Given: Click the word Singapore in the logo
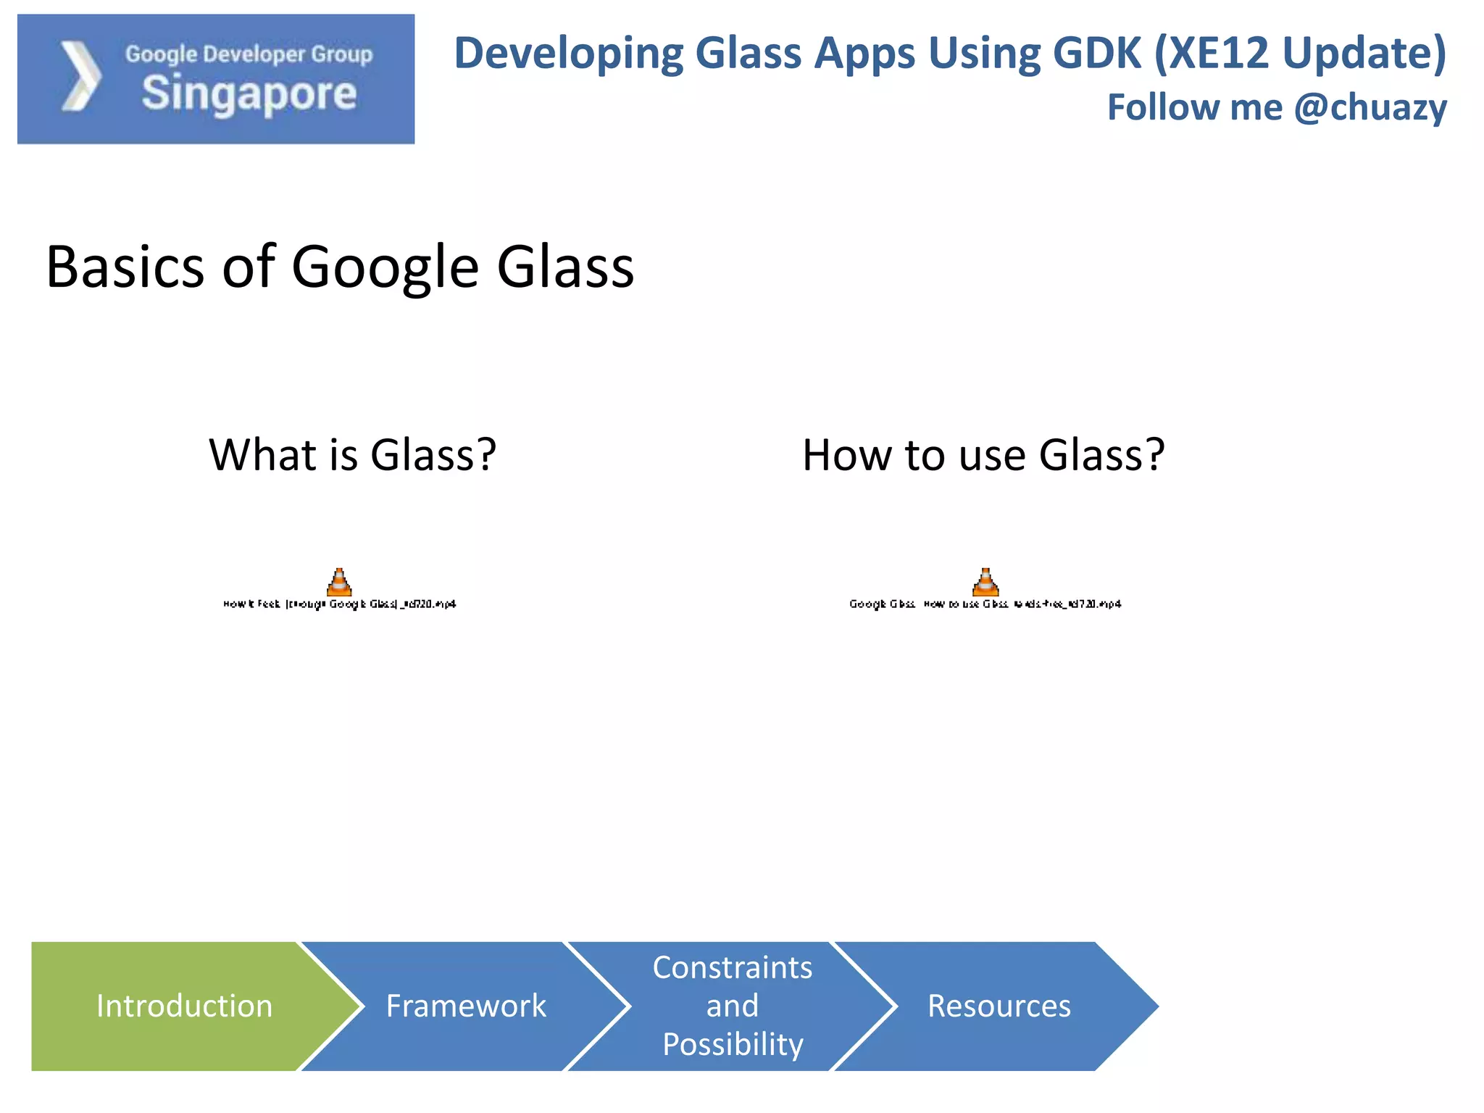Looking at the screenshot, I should click(249, 94).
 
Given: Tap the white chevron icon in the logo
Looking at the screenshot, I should click(80, 77).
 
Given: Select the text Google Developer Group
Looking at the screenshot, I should click(249, 54).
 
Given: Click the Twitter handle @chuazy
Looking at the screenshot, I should click(1370, 107).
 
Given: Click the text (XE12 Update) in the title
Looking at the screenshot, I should click(1300, 54).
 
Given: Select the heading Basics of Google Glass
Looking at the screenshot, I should click(340, 267).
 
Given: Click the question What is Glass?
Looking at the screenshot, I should click(353, 455).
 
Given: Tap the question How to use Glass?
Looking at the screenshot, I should click(983, 455).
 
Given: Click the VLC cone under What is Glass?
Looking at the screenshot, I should click(339, 582).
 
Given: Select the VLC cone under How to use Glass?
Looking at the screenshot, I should click(985, 582).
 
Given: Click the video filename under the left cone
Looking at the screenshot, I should click(339, 604).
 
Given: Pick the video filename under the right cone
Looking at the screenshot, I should click(985, 604).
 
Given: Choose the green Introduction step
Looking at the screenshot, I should click(184, 1006).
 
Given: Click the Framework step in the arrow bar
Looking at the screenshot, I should click(466, 1006).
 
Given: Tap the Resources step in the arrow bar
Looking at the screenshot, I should click(999, 1006).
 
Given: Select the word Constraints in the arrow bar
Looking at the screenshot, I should click(733, 967).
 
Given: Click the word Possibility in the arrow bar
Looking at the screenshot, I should click(733, 1044).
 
